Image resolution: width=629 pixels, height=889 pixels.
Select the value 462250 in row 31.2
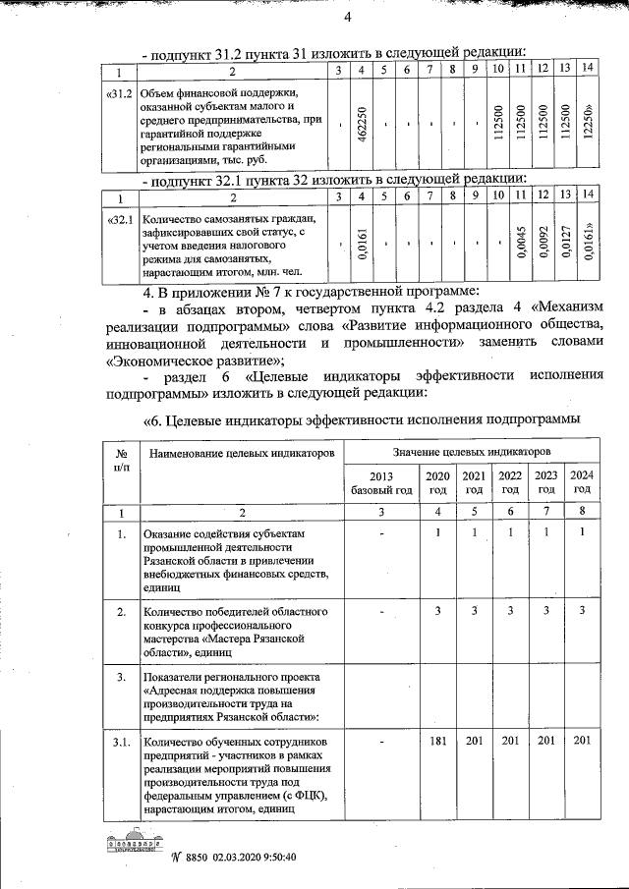362,125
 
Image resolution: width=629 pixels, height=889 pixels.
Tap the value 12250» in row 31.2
588,125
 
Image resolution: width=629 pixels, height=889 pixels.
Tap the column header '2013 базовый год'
380,481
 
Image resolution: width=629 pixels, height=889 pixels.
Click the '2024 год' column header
582,481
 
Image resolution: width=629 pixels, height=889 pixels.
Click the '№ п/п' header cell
121,459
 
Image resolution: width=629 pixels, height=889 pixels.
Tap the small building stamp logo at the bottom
137,845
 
